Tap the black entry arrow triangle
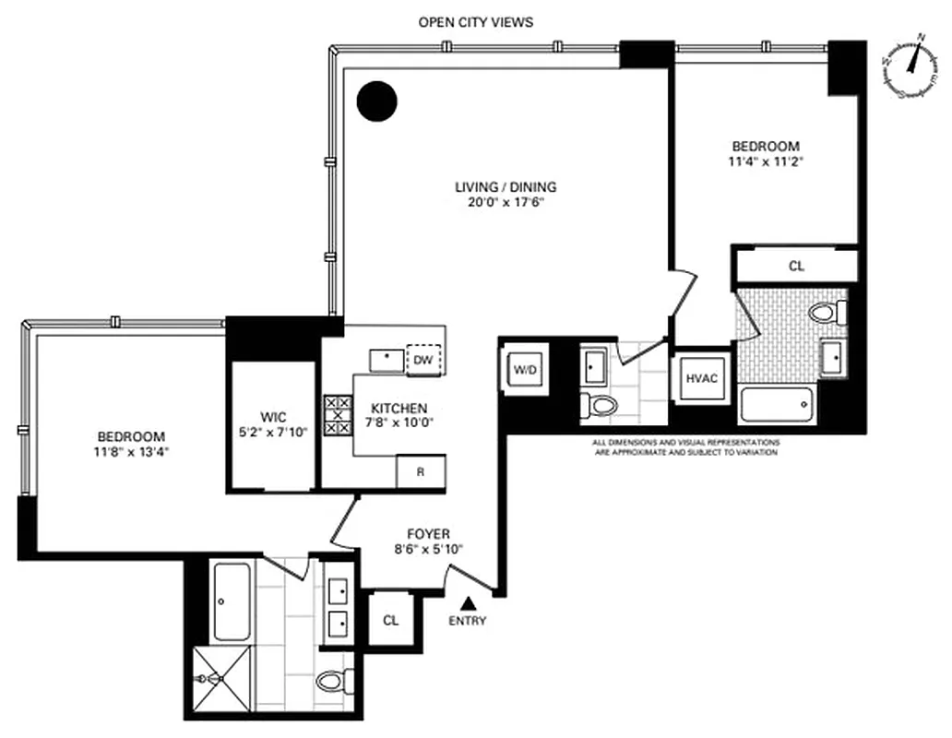tap(469, 603)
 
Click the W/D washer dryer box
tap(525, 370)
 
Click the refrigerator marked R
tap(421, 471)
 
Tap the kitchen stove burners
tap(337, 415)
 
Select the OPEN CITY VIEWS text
tap(475, 22)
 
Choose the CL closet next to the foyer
tap(390, 619)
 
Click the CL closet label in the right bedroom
tap(796, 266)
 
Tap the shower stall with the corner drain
tap(221, 679)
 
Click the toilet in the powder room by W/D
tap(601, 404)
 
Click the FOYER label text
tap(428, 534)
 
